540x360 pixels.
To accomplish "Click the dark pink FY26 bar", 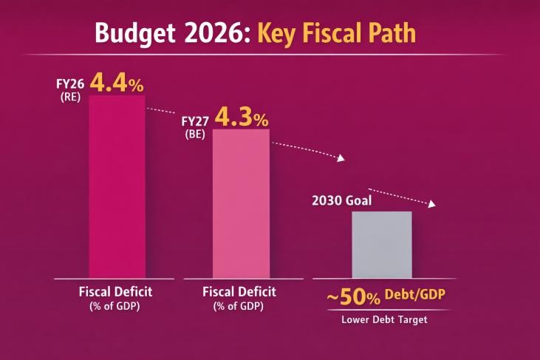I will point(117,185).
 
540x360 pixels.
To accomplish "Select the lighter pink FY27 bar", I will point(241,203).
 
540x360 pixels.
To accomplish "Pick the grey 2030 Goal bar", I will point(381,244).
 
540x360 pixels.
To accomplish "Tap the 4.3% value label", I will point(241,118).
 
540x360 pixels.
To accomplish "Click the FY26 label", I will point(72,83).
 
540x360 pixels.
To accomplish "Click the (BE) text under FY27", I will point(196,135).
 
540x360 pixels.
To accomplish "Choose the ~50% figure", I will point(354,297).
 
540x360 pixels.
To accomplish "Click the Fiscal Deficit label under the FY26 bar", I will point(117,291).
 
